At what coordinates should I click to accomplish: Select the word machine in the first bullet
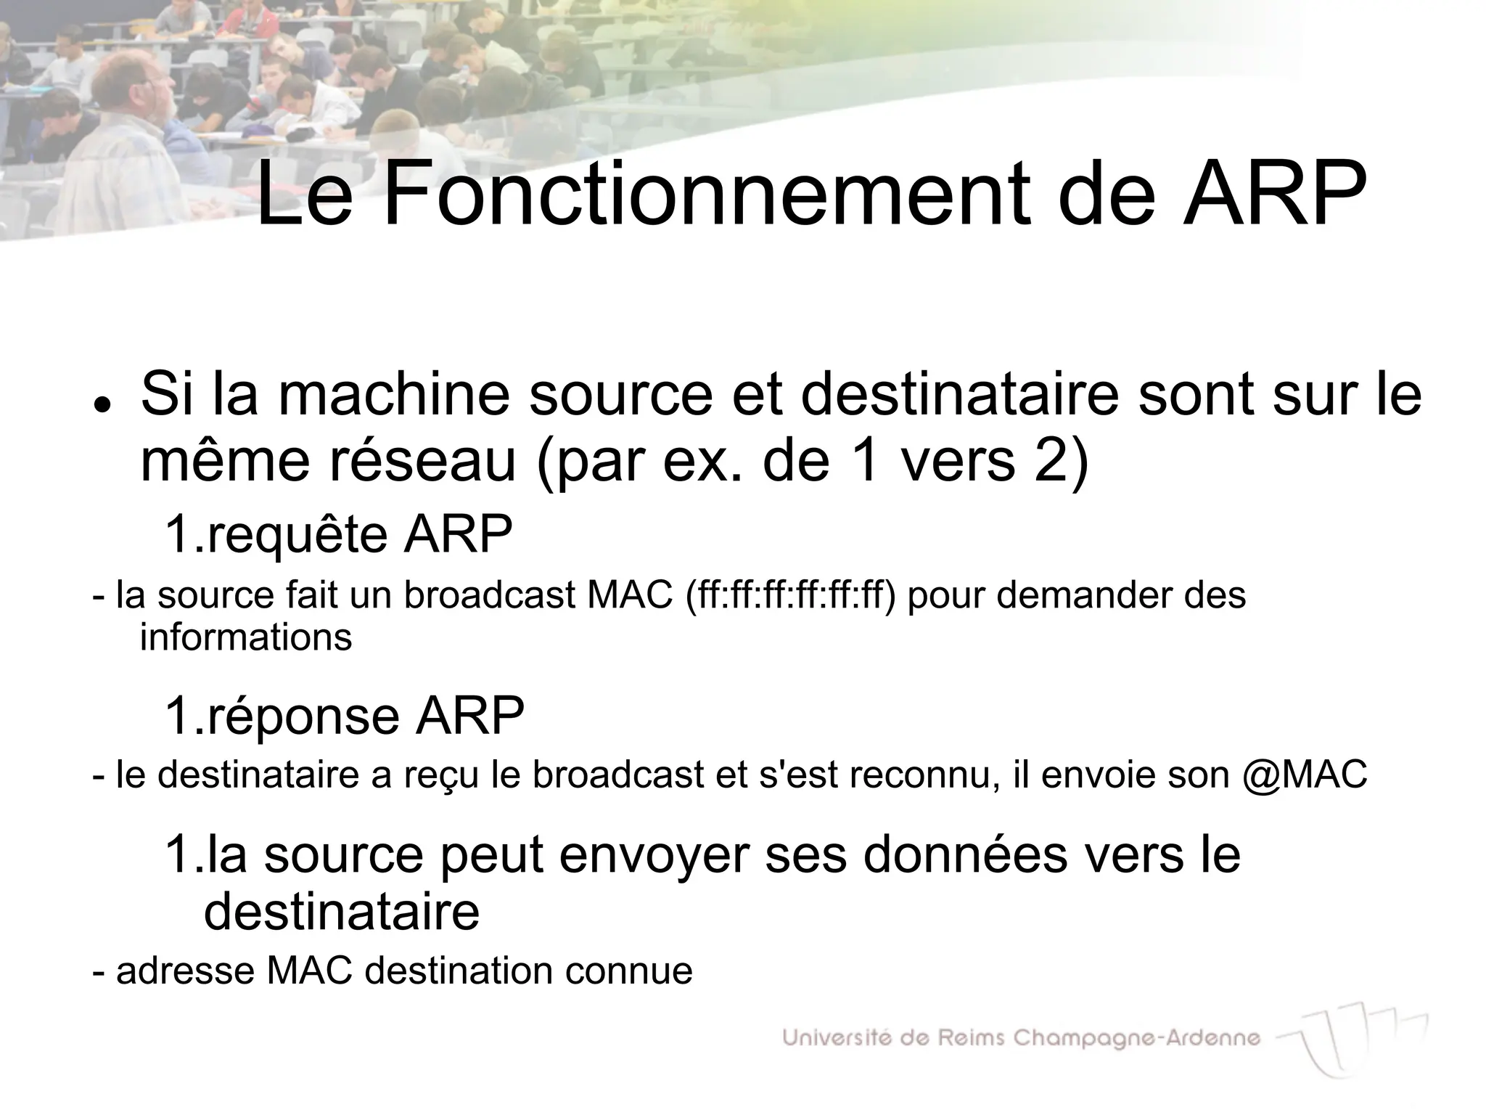click(x=393, y=395)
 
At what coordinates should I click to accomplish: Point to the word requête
click(x=297, y=535)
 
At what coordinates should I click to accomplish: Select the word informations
click(x=246, y=638)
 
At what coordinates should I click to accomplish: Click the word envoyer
click(x=654, y=855)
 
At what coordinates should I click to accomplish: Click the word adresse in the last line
click(x=185, y=971)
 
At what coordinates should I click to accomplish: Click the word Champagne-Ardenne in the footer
click(x=1136, y=1039)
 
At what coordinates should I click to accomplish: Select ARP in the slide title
click(x=1274, y=195)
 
